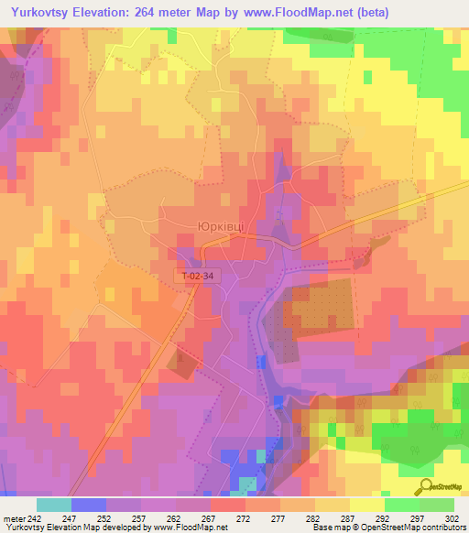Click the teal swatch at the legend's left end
(53, 505)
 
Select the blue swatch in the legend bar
(88, 505)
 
